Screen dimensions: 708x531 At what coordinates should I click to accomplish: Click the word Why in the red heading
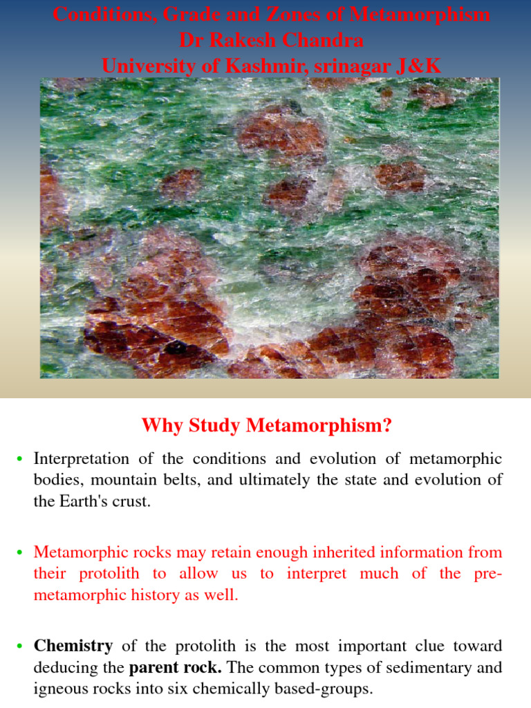click(x=160, y=425)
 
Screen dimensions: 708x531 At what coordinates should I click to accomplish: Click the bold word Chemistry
click(x=73, y=646)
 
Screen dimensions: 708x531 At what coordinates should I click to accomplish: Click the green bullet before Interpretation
click(x=20, y=460)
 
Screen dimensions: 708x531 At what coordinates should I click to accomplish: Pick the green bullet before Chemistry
click(x=20, y=646)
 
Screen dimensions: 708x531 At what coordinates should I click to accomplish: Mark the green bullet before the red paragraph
click(x=20, y=553)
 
